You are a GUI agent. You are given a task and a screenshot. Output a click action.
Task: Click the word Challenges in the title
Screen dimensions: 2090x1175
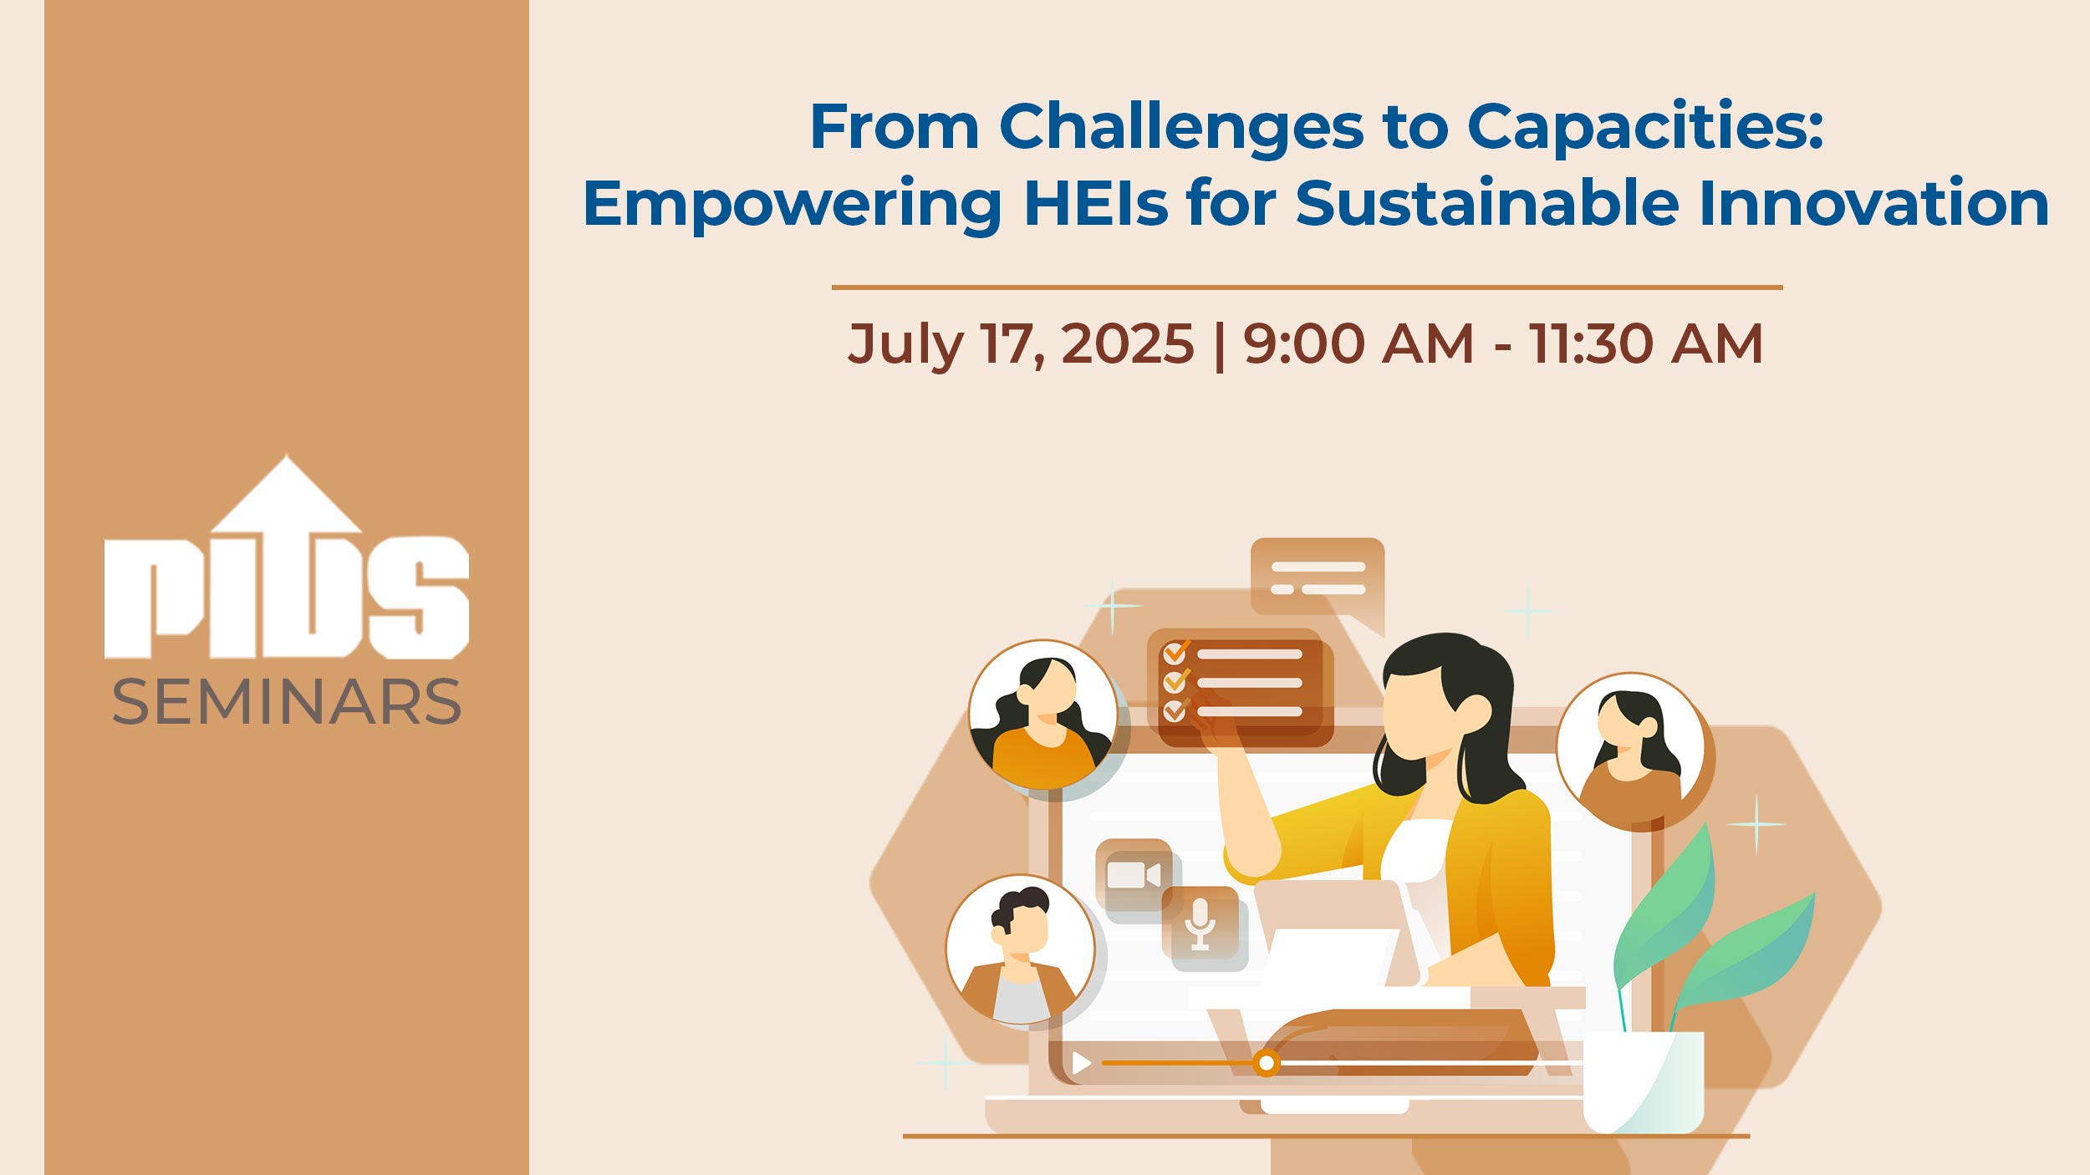pyautogui.click(x=1181, y=128)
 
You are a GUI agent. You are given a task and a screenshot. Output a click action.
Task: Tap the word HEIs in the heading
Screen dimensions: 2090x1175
pyautogui.click(x=1096, y=203)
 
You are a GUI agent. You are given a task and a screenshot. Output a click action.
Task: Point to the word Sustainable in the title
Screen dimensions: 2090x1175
pyautogui.click(x=1487, y=203)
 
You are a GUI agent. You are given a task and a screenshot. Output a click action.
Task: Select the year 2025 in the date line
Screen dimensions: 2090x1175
pyautogui.click(x=1128, y=344)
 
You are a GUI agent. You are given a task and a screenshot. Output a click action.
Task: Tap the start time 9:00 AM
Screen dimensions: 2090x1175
pyautogui.click(x=1358, y=344)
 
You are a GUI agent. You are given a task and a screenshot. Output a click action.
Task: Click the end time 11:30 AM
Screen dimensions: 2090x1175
pyautogui.click(x=1645, y=344)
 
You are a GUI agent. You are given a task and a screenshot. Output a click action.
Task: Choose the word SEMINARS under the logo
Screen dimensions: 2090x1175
pyautogui.click(x=287, y=702)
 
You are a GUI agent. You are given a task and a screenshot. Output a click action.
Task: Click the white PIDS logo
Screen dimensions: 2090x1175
pyautogui.click(x=287, y=557)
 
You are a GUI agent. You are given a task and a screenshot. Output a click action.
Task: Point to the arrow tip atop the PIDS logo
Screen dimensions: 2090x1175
pyautogui.click(x=287, y=456)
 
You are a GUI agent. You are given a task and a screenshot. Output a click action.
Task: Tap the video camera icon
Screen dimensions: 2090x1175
pyautogui.click(x=1134, y=875)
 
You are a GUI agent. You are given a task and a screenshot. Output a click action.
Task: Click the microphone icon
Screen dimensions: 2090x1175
pyautogui.click(x=1200, y=924)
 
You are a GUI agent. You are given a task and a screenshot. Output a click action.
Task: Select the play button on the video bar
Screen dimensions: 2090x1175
pyautogui.click(x=1082, y=1063)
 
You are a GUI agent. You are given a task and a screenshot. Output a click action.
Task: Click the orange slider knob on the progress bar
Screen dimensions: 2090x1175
pyautogui.click(x=1267, y=1063)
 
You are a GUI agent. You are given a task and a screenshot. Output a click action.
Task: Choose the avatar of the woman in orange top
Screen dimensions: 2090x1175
pyautogui.click(x=1042, y=715)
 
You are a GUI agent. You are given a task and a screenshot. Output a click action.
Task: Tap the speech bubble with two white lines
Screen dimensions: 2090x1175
pyautogui.click(x=1318, y=583)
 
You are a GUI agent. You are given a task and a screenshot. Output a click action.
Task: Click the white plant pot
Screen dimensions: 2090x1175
pyautogui.click(x=1644, y=1082)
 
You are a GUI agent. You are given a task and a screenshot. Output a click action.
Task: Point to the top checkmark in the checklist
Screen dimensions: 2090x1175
pyautogui.click(x=1176, y=652)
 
